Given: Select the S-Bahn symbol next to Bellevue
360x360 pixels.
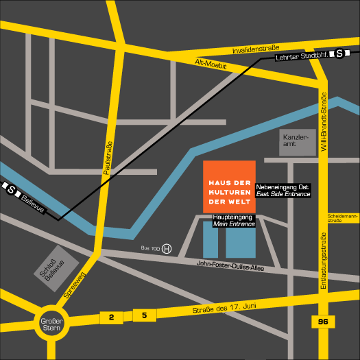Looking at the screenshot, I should click(x=11, y=190).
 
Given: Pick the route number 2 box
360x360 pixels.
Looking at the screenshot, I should click(x=111, y=317).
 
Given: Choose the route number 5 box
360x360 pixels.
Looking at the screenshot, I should click(x=144, y=315).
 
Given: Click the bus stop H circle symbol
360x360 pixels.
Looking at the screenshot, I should click(x=167, y=249).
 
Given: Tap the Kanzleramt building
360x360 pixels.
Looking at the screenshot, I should click(x=297, y=142).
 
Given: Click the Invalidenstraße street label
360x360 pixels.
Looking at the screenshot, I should click(x=256, y=49).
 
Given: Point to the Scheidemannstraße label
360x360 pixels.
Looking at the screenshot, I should click(x=344, y=218).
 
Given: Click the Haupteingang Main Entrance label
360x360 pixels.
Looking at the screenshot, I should click(x=234, y=219).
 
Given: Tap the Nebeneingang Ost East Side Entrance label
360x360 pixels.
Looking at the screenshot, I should click(x=283, y=190).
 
